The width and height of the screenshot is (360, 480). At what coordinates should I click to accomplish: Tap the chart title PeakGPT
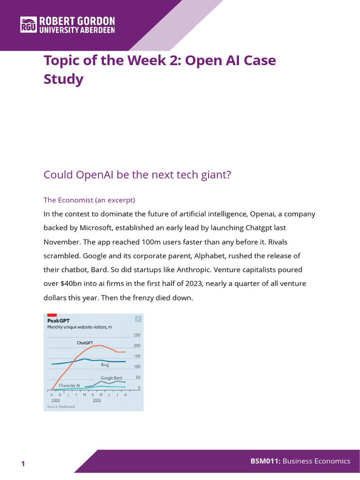click(x=59, y=321)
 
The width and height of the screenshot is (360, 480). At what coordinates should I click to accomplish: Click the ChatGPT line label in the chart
click(x=85, y=343)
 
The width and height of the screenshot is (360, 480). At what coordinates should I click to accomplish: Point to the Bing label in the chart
click(x=105, y=365)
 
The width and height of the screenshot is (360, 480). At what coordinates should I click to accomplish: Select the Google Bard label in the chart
click(x=112, y=377)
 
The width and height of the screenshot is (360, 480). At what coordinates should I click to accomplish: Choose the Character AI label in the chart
click(x=69, y=385)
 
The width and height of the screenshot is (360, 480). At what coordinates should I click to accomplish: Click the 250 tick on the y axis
click(x=137, y=335)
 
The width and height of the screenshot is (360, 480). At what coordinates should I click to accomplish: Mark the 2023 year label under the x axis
click(x=97, y=401)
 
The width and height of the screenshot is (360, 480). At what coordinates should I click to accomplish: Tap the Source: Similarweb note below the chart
click(x=61, y=407)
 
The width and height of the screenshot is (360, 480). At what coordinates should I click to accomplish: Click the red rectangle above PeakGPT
click(x=52, y=315)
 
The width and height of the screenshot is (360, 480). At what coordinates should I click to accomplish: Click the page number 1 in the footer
click(x=22, y=464)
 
